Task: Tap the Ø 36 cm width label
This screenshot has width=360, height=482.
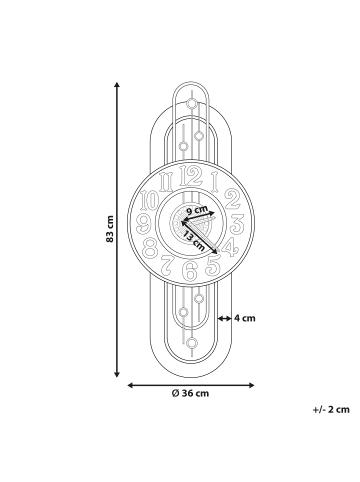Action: click(190, 393)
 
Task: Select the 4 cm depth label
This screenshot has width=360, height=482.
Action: click(246, 319)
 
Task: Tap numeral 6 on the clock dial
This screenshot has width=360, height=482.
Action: click(189, 268)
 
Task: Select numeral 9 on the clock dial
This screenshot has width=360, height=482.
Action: click(146, 224)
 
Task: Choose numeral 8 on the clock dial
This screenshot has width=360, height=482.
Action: click(152, 247)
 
